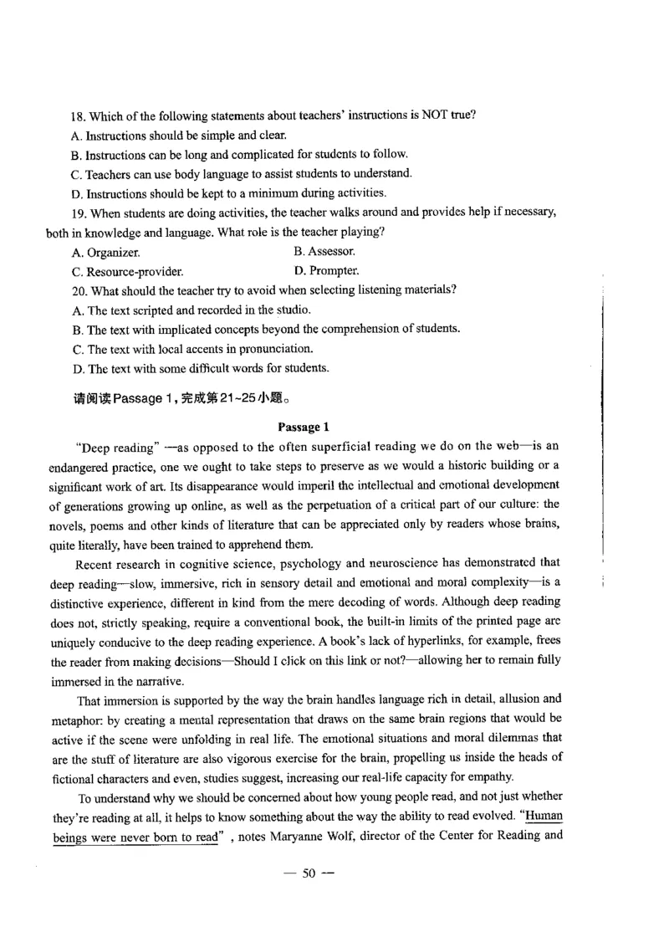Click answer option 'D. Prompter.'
[x=327, y=271]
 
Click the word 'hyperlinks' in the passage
[x=412, y=641]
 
